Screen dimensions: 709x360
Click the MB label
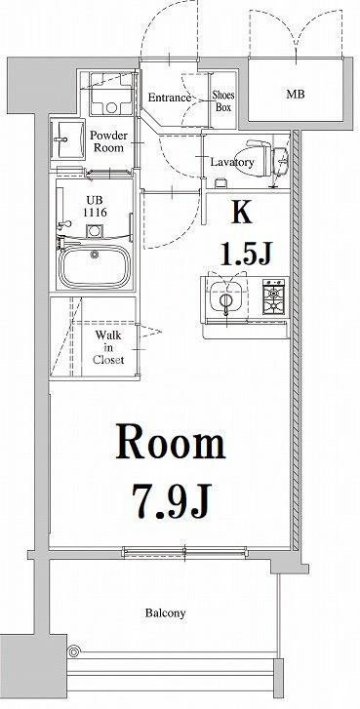[x=294, y=96]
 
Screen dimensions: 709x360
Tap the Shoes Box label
[x=223, y=101]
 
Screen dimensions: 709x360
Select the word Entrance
[x=168, y=98]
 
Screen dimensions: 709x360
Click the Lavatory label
[x=232, y=163]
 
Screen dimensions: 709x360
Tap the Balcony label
[x=166, y=613]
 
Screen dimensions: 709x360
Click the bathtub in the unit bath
[x=95, y=265]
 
